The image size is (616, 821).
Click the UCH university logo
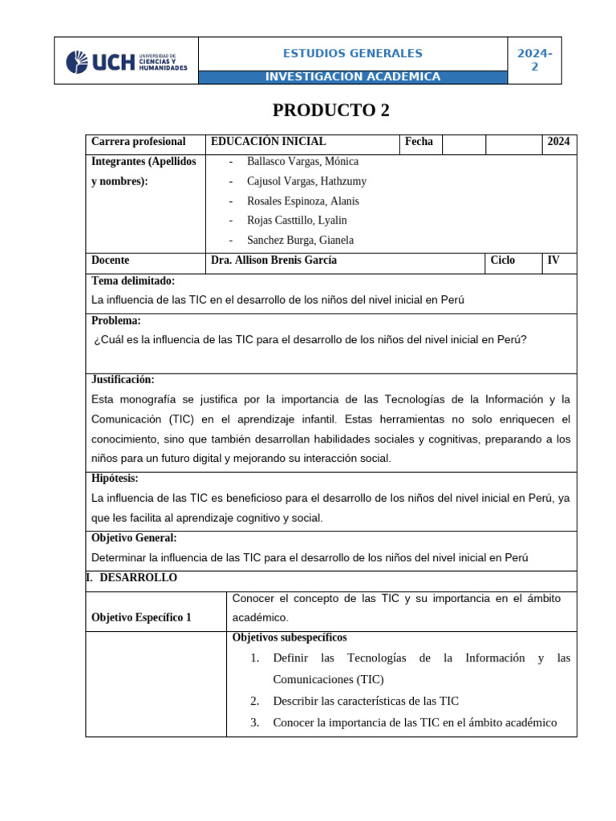pyautogui.click(x=126, y=62)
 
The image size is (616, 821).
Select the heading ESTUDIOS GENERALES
pyautogui.click(x=352, y=54)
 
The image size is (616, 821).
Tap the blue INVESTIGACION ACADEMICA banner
pyautogui.click(x=352, y=77)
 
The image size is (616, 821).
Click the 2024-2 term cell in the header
pyautogui.click(x=534, y=60)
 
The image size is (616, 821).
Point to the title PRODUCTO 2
pyautogui.click(x=330, y=111)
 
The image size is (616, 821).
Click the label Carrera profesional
pyautogui.click(x=139, y=142)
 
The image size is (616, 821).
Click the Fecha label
pyautogui.click(x=419, y=142)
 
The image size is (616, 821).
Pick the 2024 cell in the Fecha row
pyautogui.click(x=558, y=142)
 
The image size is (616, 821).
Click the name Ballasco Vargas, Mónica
pyautogui.click(x=302, y=162)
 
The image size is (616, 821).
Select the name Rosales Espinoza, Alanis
pyautogui.click(x=302, y=201)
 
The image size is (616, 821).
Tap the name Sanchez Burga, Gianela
pyautogui.click(x=300, y=240)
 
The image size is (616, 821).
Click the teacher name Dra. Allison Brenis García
pyautogui.click(x=274, y=261)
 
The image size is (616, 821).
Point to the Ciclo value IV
pyautogui.click(x=553, y=261)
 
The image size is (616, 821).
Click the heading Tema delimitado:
pyautogui.click(x=133, y=281)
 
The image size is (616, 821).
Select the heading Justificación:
pyautogui.click(x=123, y=379)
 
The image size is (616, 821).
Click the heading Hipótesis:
pyautogui.click(x=115, y=478)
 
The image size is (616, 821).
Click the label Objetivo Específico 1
pyautogui.click(x=142, y=617)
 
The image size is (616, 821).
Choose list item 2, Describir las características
pyautogui.click(x=365, y=701)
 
